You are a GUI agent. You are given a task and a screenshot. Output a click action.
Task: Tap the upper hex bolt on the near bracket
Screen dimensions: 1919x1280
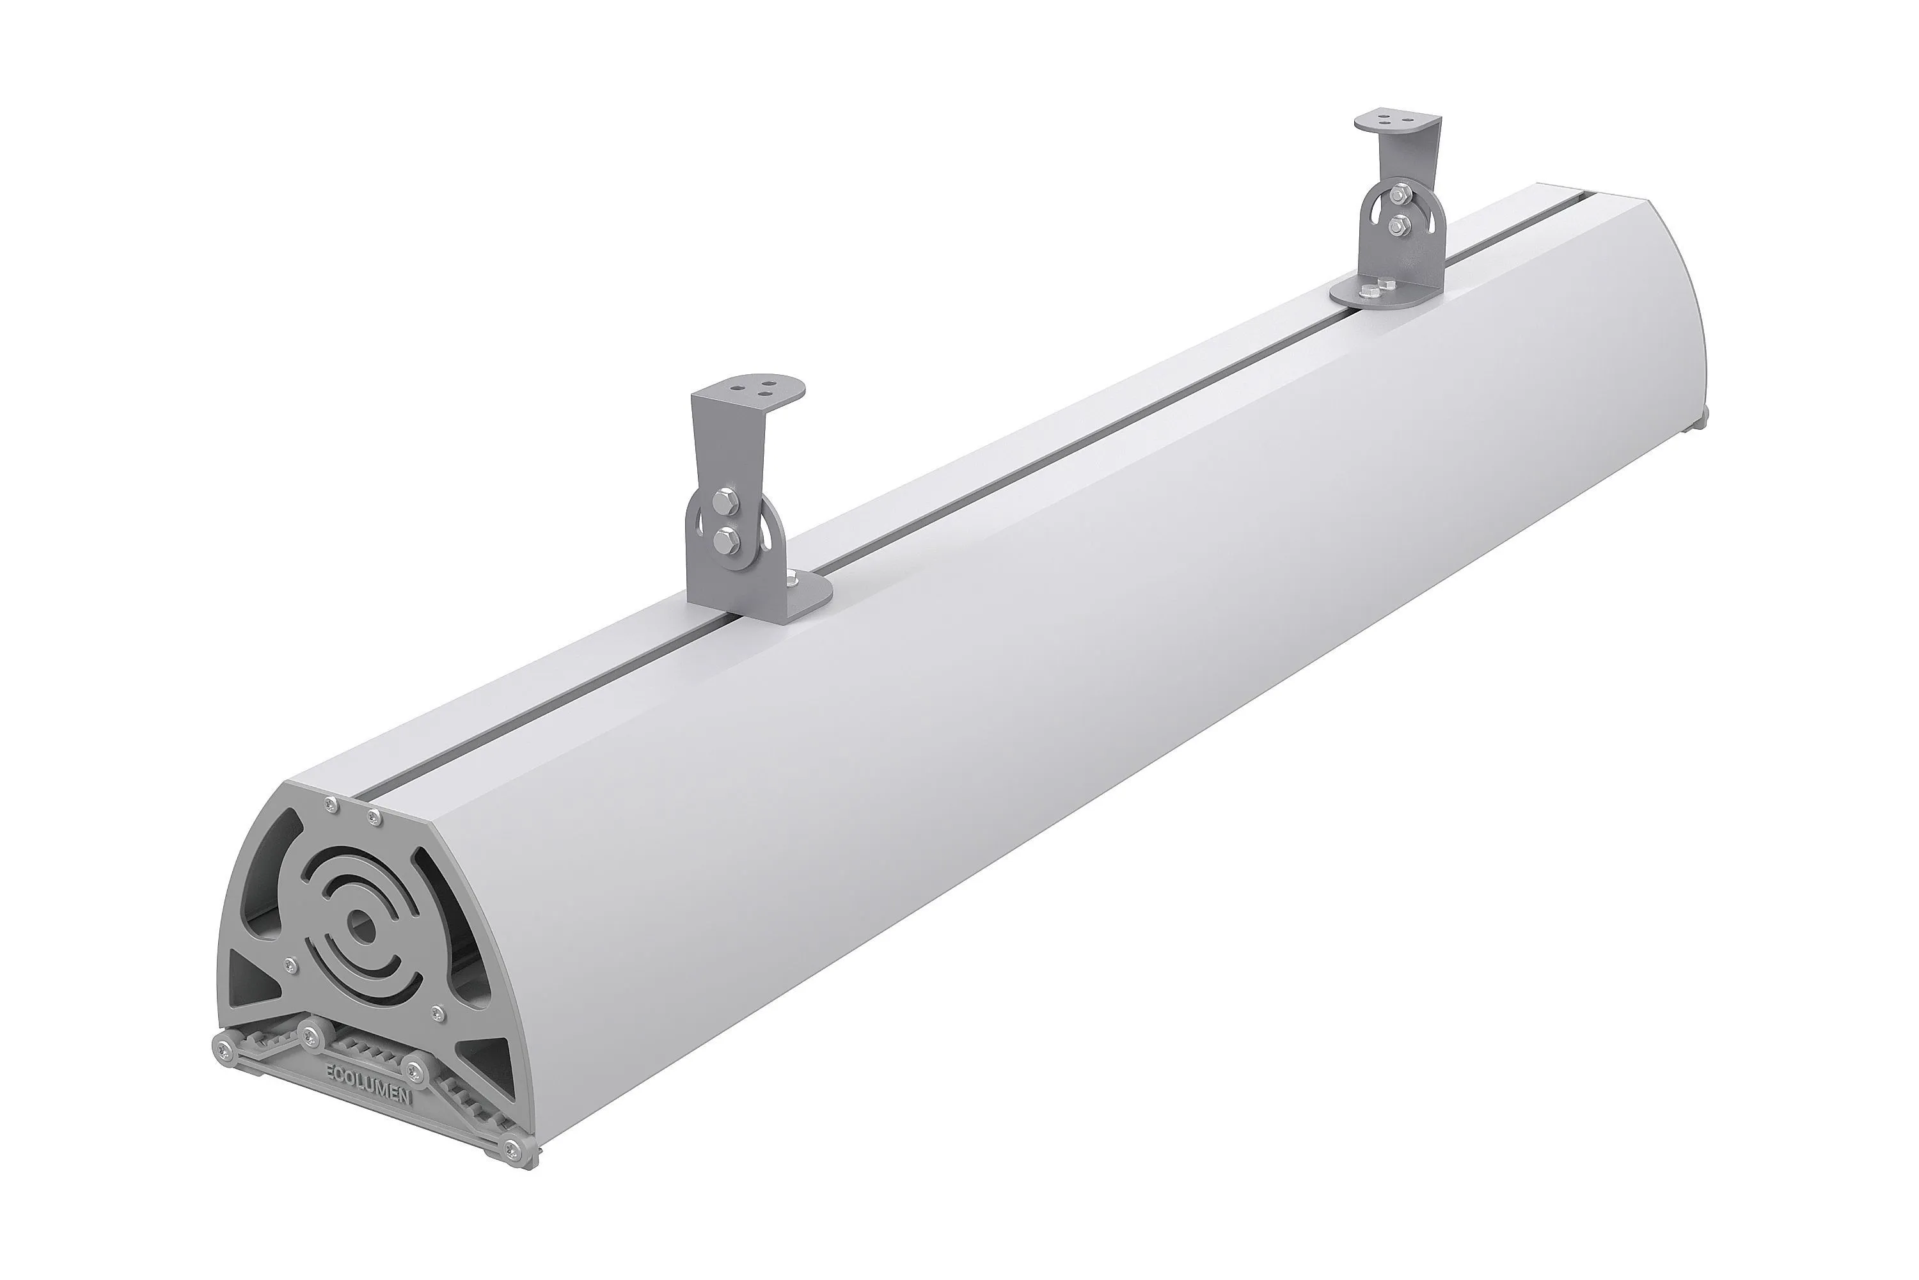(725, 500)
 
